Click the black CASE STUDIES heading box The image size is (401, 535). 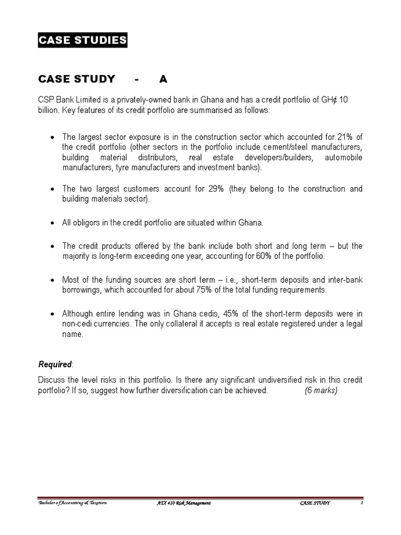(82, 41)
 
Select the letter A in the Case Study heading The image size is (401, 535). (163, 79)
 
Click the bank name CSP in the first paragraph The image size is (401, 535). (46, 99)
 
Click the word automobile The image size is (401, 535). (343, 157)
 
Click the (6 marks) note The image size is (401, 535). (321, 391)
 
